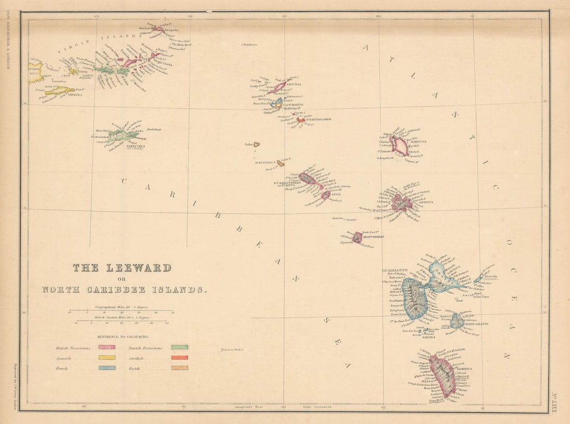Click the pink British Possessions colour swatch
[x=107, y=347]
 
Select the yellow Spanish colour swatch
[x=107, y=358]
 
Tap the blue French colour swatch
[x=107, y=368]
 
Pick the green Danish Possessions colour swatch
[x=180, y=347]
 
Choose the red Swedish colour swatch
[x=180, y=358]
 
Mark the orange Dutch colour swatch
[x=180, y=368]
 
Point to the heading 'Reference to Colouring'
[x=122, y=336]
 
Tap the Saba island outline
[x=256, y=145]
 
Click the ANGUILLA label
[x=294, y=84]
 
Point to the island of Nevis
[x=325, y=195]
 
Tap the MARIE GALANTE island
[x=457, y=321]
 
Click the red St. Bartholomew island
[x=301, y=120]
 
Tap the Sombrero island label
[x=250, y=45]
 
